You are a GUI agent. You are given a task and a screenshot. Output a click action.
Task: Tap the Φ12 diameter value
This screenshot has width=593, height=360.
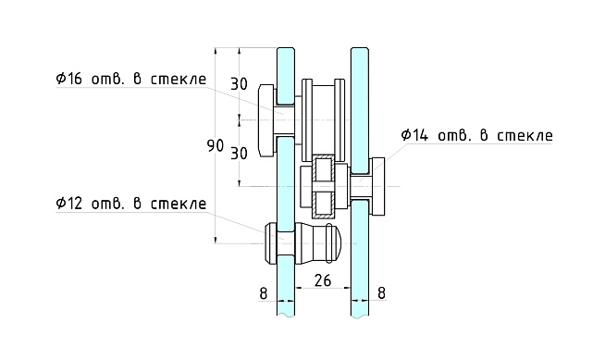pyautogui.click(x=70, y=203)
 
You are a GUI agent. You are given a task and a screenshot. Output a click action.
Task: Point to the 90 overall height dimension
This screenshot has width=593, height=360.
pyautogui.click(x=216, y=146)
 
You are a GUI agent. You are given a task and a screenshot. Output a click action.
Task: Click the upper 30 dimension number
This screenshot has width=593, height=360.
pyautogui.click(x=239, y=83)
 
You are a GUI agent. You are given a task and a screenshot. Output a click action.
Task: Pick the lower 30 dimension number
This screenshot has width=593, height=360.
pyautogui.click(x=239, y=154)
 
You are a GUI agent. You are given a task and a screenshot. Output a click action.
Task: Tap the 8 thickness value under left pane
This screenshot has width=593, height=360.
pyautogui.click(x=264, y=294)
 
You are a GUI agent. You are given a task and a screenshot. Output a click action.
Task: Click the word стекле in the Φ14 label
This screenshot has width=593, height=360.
pyautogui.click(x=525, y=135)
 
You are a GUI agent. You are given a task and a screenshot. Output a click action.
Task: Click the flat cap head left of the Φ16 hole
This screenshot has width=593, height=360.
pyautogui.click(x=266, y=119)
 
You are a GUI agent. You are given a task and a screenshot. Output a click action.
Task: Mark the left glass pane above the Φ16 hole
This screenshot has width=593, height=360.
pyautogui.click(x=285, y=69)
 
